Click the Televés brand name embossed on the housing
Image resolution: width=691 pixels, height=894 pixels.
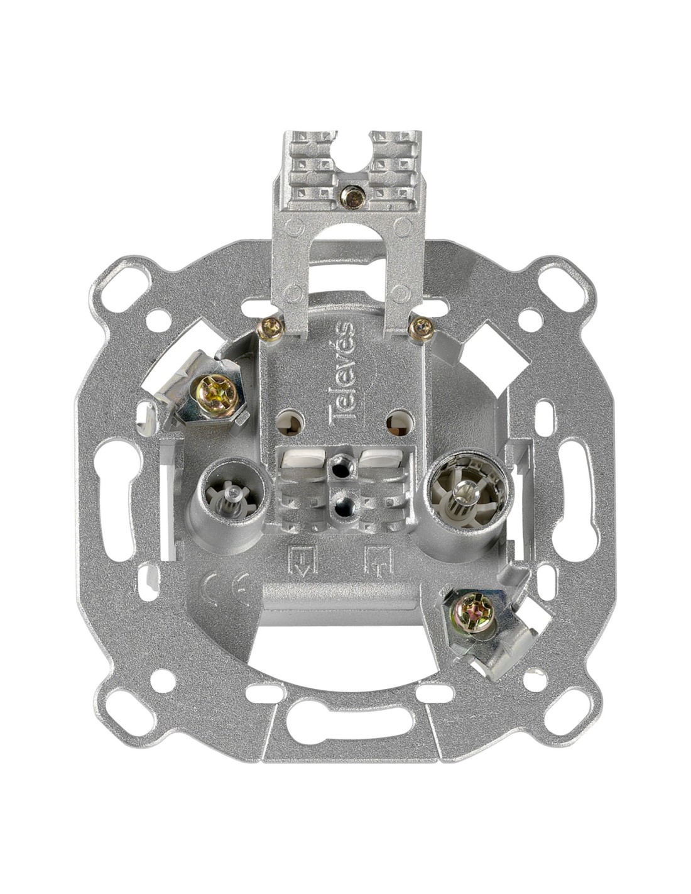[x=342, y=370]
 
